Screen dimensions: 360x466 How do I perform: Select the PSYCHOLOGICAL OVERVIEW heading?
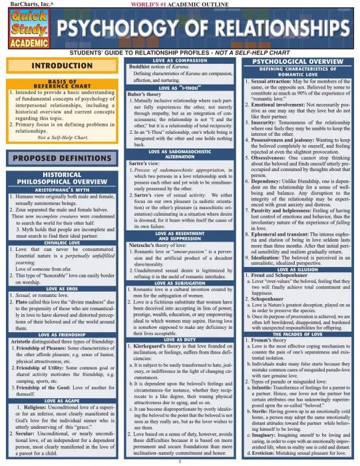pos(299,61)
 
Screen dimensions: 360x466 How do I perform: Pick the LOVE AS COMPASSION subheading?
pos(178,61)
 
